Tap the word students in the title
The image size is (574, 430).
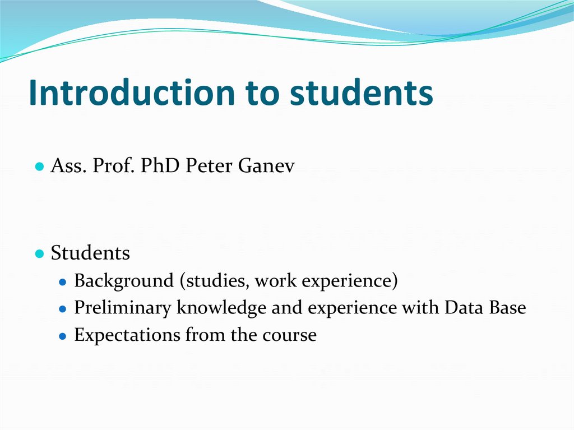(x=361, y=93)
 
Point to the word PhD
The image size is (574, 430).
(x=157, y=167)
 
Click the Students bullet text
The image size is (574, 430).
(x=90, y=253)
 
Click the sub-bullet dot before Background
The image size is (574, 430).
(x=64, y=282)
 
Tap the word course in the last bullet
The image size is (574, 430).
(x=291, y=335)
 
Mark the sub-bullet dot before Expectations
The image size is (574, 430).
(x=64, y=336)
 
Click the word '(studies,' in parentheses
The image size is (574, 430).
(x=215, y=281)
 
